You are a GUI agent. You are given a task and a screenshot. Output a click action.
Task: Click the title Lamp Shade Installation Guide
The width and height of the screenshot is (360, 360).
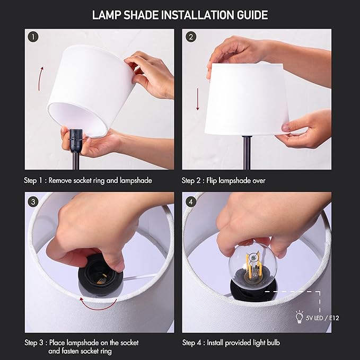pos(180,15)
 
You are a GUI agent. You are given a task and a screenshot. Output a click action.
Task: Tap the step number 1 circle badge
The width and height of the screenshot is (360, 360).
pos(34,37)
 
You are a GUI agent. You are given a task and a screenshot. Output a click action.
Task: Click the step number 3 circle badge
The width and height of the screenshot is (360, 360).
pos(34,201)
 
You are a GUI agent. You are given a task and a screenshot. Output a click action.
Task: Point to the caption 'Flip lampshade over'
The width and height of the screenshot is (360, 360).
pos(236,181)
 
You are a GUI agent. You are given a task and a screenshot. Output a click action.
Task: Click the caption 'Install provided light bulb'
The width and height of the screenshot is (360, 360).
pos(244,343)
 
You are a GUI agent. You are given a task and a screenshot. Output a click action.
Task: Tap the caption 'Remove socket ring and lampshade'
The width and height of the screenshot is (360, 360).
pos(101,181)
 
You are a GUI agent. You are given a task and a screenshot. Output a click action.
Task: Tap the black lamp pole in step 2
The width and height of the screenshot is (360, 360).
pos(247,151)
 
